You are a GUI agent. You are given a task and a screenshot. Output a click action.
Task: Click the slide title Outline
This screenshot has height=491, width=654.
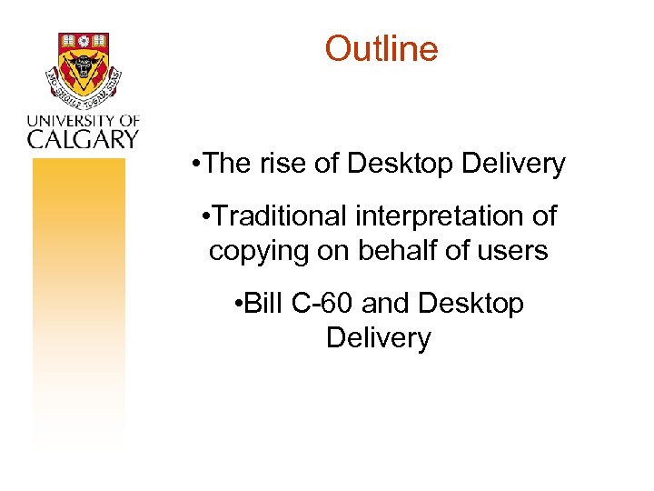[x=381, y=48]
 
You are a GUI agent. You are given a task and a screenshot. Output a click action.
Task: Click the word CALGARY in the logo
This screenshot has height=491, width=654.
[x=83, y=138]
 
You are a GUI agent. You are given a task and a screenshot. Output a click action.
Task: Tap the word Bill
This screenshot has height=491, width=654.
[x=264, y=303]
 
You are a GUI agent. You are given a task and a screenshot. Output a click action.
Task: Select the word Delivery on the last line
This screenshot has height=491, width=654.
[x=378, y=338]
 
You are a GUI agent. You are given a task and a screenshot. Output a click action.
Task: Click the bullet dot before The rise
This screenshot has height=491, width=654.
[x=197, y=165]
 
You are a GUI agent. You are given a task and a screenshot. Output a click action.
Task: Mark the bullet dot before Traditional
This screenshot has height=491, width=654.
[x=208, y=217]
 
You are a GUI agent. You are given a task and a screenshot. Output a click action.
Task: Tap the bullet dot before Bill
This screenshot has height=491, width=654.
[x=238, y=304]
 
